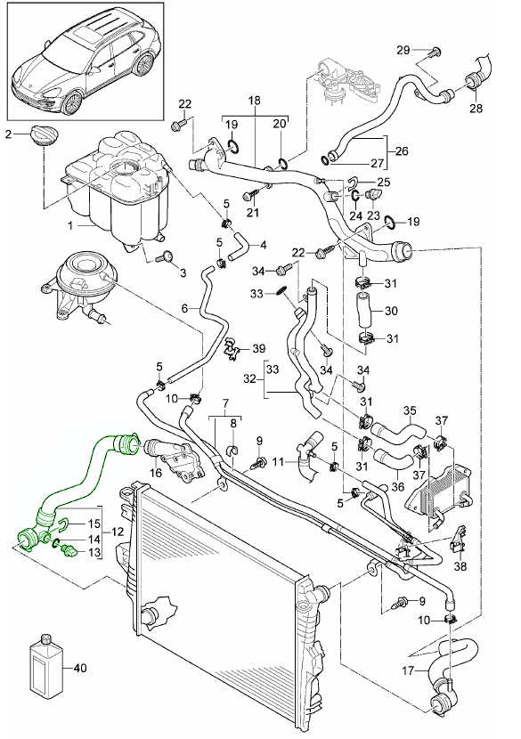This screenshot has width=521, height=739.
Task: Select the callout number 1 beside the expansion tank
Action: [70, 226]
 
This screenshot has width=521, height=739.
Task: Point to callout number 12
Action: [118, 532]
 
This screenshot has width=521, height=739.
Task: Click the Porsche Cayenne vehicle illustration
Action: [84, 61]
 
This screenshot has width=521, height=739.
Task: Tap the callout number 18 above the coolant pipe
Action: [254, 101]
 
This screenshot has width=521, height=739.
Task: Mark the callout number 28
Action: [476, 108]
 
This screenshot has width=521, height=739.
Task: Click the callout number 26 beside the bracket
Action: [402, 151]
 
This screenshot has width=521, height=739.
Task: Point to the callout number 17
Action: [408, 670]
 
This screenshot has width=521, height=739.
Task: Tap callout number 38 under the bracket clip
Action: [460, 565]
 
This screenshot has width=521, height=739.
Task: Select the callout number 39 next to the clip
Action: [259, 349]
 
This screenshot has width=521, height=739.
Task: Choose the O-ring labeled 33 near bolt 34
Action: [282, 292]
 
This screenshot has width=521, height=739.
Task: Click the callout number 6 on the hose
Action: [184, 309]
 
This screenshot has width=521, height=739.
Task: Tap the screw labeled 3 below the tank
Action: [165, 257]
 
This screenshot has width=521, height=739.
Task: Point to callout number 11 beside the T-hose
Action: [278, 461]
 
